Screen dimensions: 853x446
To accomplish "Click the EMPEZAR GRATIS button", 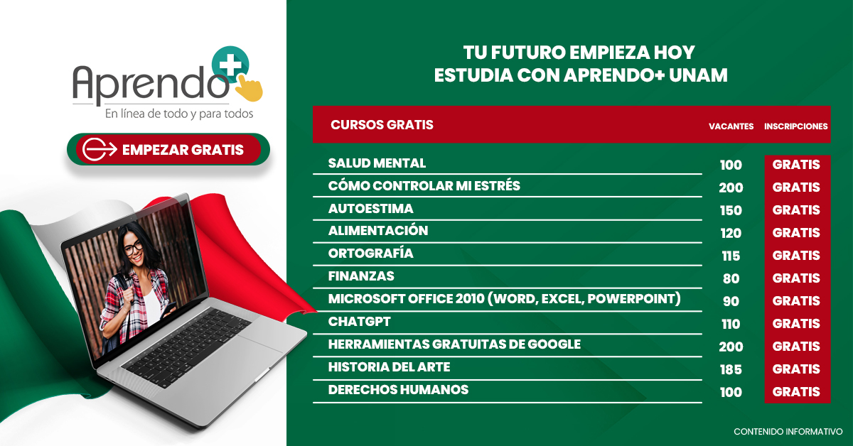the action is (168, 149).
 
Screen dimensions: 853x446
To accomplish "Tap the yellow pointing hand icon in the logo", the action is (250, 87).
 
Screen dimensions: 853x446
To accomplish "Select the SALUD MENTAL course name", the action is (377, 163).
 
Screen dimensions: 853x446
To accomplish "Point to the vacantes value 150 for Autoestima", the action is (731, 210).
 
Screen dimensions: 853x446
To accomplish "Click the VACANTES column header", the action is (731, 126).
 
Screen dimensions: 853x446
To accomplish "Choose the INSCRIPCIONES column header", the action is (796, 126).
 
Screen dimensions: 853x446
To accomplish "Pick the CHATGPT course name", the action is (359, 322).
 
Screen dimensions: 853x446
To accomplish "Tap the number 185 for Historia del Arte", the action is (731, 369).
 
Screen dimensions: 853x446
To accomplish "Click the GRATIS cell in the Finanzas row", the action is (796, 278).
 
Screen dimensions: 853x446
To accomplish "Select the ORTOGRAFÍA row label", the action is (370, 254).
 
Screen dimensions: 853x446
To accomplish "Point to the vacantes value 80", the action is (731, 278).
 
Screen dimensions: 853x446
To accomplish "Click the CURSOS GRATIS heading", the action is (382, 125).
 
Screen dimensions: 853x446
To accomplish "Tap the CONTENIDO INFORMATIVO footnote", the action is (788, 432).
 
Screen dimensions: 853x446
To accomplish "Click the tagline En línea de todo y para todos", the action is (179, 114).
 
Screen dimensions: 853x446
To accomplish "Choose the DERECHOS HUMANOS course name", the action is (398, 390).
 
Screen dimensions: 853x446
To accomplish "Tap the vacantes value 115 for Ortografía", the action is (731, 256).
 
